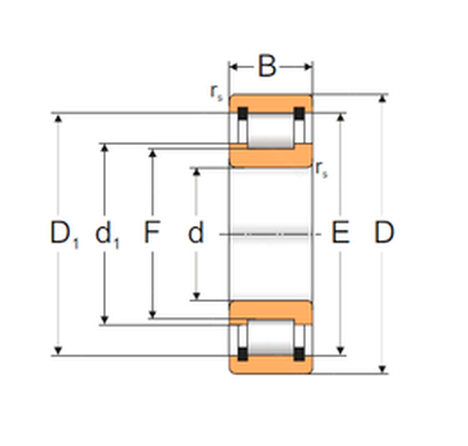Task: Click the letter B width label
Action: pos(268,66)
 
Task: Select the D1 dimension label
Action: pos(65,234)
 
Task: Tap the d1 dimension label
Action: pos(108,234)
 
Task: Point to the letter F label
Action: pos(152,232)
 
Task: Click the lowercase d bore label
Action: pos(196,232)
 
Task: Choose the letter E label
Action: pos(340,232)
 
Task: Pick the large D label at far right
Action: pos(384,232)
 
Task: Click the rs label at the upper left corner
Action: pos(217,93)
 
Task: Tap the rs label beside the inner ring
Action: pos(322,169)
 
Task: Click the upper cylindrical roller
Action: pos(271,131)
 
